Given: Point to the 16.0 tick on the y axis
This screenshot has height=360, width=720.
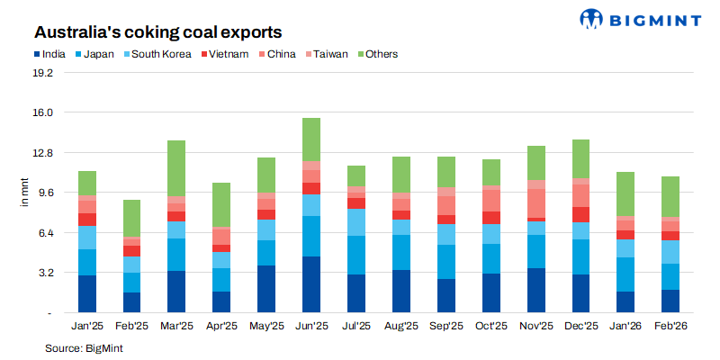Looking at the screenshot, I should (42, 112).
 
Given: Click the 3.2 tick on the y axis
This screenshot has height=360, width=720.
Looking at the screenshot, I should (45, 273).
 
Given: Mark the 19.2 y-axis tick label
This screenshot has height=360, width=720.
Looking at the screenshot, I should (42, 73).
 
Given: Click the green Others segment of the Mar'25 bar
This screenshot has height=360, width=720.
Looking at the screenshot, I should (176, 168).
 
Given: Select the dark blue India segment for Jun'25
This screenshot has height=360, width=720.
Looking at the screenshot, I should (311, 284).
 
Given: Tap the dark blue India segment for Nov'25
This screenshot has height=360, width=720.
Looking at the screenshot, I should (536, 290).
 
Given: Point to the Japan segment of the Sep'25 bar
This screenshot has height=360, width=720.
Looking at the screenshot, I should (446, 262).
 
